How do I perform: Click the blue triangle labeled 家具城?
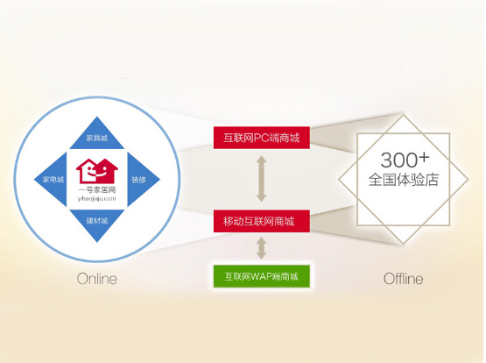(x=97, y=136)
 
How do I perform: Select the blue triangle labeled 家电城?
(x=53, y=180)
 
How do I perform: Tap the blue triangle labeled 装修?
(x=141, y=180)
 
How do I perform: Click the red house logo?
(x=97, y=171)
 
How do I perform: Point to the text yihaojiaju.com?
(x=96, y=198)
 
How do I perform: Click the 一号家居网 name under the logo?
(x=97, y=190)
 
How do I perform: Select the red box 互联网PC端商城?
(x=262, y=138)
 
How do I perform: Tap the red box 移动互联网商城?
(x=262, y=221)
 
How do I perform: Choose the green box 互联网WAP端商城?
(x=262, y=276)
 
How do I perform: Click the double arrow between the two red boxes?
(x=261, y=179)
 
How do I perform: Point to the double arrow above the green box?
(x=262, y=248)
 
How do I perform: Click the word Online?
(x=97, y=279)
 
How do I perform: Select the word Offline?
(x=403, y=279)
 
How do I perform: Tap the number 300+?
(x=405, y=160)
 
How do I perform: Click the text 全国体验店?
(x=403, y=180)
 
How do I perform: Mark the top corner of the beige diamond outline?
(x=403, y=115)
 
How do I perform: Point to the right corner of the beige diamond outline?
(x=468, y=180)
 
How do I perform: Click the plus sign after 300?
(x=424, y=158)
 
